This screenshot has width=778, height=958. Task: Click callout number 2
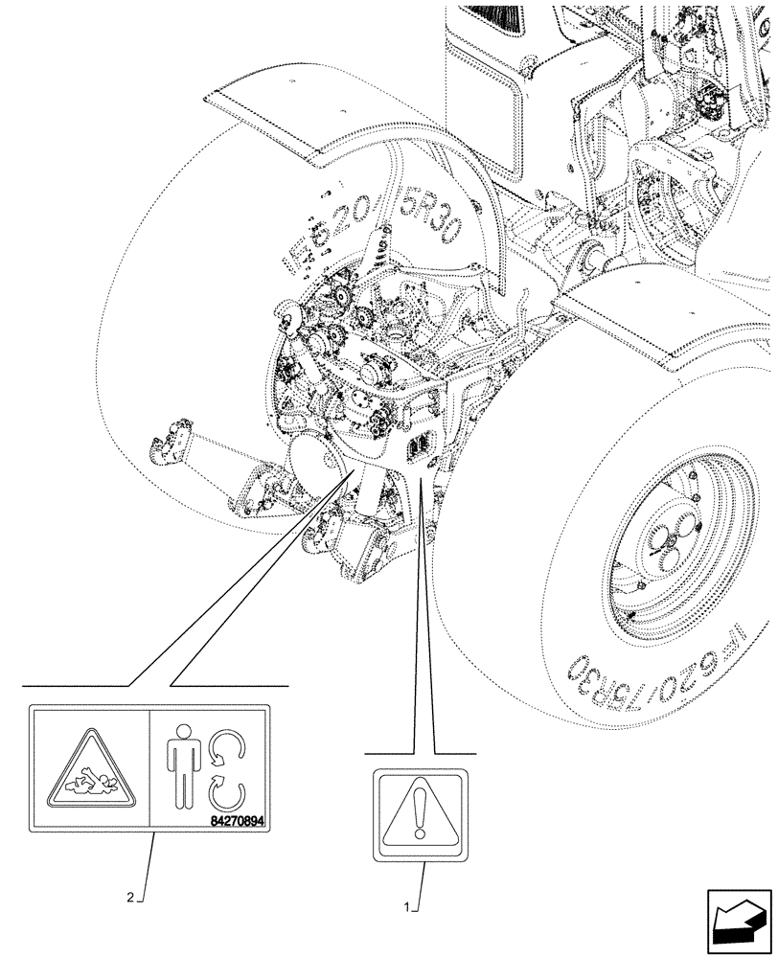click(131, 899)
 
